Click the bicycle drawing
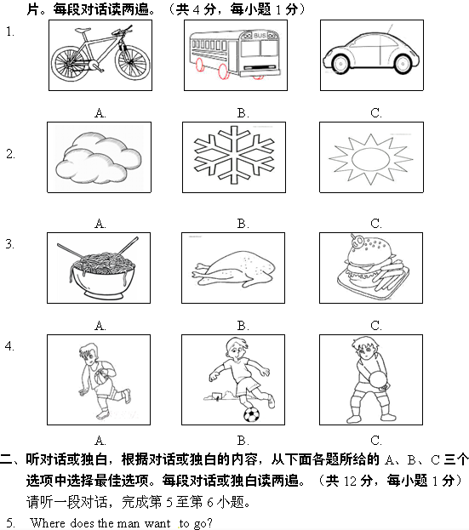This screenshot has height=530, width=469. [100, 54]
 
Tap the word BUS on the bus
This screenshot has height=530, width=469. [260, 36]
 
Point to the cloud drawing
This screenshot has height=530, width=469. [99, 158]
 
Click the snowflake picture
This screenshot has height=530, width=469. [234, 155]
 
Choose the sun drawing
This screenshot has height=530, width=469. [371, 159]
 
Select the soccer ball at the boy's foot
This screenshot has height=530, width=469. [252, 415]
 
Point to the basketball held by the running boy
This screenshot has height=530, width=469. [101, 377]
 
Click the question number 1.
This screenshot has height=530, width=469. [10, 31]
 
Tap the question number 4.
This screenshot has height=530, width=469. [9, 345]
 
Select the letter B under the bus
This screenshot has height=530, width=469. [243, 113]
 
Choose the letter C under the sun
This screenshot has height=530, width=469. [376, 224]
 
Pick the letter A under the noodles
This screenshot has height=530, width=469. [100, 326]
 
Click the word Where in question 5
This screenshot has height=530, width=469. [49, 523]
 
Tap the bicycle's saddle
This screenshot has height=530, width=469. [83, 31]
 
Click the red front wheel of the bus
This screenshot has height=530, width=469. [223, 71]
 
